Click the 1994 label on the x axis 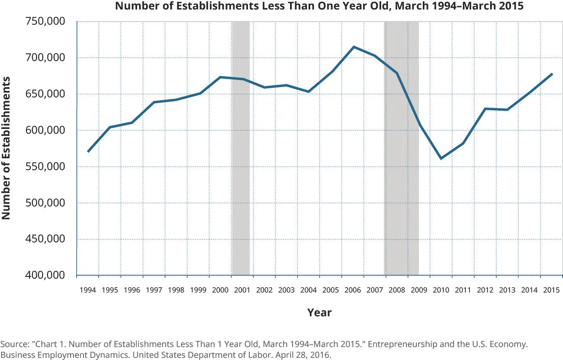88,290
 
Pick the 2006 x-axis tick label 353,290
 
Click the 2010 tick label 441,290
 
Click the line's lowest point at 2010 441,159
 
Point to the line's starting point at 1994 88,151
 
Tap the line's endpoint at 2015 551,74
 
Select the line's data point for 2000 220,77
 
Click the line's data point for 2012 485,109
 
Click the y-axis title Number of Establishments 6,148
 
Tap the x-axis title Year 319,312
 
